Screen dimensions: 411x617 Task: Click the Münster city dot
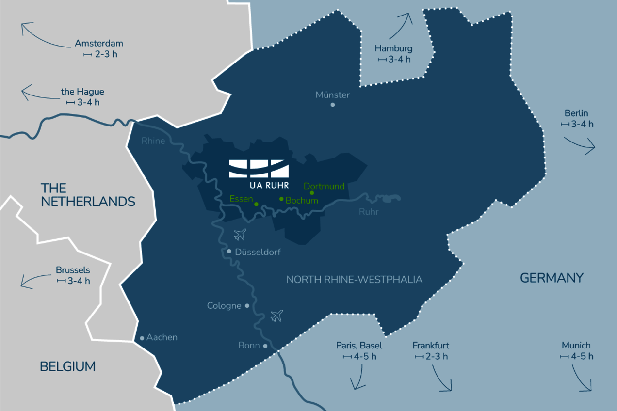[333, 105]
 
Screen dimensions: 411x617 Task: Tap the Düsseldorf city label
[258, 252]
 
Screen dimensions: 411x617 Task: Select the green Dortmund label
[324, 186]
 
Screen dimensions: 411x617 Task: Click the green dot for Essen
[256, 205]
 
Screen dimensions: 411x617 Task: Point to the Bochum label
[302, 200]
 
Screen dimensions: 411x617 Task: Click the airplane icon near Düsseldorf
[240, 235]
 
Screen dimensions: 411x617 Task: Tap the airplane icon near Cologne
[276, 316]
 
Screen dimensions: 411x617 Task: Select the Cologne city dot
[247, 306]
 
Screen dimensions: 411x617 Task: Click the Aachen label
[162, 337]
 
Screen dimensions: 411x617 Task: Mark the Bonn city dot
[265, 346]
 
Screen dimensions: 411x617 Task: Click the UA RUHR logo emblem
[259, 168]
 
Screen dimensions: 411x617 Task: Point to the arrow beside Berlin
[580, 144]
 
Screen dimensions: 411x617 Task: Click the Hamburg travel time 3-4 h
[394, 60]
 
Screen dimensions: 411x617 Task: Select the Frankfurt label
[431, 346]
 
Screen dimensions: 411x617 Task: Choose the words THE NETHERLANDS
[88, 195]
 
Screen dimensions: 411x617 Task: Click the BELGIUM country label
[67, 366]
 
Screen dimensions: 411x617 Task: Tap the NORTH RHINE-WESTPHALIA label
[354, 280]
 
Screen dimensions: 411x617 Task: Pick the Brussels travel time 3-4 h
[73, 281]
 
